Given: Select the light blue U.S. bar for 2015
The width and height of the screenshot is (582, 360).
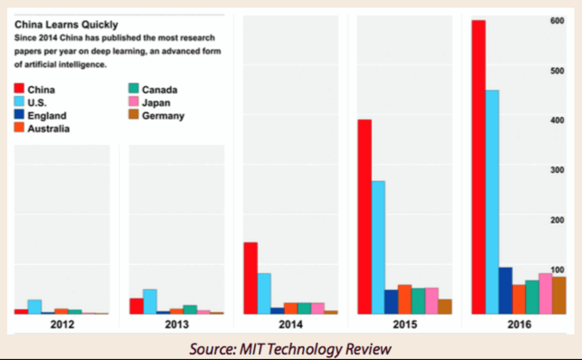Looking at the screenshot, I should pyautogui.click(x=378, y=247).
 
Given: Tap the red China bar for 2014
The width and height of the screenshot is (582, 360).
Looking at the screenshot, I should pyautogui.click(x=250, y=278).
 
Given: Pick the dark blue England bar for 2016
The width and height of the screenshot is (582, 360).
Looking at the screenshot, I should pyautogui.click(x=505, y=291).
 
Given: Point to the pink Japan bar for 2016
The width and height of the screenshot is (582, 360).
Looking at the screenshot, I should pyautogui.click(x=545, y=293).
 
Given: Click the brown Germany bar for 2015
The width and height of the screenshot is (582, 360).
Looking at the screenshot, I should pyautogui.click(x=445, y=306).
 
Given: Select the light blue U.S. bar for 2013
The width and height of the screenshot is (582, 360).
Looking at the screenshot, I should pyautogui.click(x=150, y=301).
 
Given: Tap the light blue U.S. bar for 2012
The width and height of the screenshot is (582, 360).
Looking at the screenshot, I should pyautogui.click(x=35, y=306).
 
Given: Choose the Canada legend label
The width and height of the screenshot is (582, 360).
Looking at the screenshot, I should pyautogui.click(x=159, y=89).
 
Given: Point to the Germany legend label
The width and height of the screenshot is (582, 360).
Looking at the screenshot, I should pyautogui.click(x=163, y=116).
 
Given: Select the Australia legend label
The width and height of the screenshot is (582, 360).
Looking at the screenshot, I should pyautogui.click(x=48, y=128).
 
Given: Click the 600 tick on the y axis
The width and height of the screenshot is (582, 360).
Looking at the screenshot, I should pyautogui.click(x=557, y=21).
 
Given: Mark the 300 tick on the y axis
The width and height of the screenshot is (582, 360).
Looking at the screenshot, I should pyautogui.click(x=557, y=170).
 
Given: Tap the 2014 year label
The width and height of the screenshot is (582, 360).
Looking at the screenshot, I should pyautogui.click(x=290, y=325).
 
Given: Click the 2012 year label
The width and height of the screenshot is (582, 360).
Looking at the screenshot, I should pyautogui.click(x=62, y=325).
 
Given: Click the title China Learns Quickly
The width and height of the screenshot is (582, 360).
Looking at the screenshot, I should pyautogui.click(x=66, y=24).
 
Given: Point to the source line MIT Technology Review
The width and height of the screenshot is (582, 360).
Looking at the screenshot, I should pyautogui.click(x=291, y=348).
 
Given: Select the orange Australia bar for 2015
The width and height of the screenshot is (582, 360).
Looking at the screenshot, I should pyautogui.click(x=405, y=299).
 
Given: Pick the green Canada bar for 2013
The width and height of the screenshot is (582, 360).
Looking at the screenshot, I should pyautogui.click(x=190, y=309).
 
